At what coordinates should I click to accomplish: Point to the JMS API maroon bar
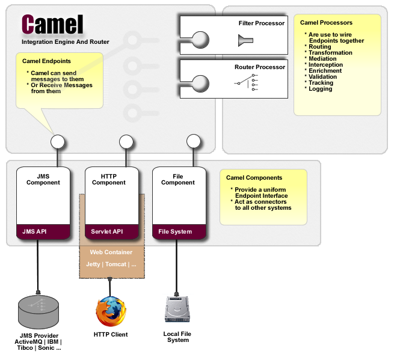click(43, 231)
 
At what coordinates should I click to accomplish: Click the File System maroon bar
click(178, 231)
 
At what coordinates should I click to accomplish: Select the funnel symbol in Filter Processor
click(245, 41)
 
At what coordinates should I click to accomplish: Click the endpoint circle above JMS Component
click(57, 142)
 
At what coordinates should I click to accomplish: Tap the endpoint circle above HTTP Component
click(126, 142)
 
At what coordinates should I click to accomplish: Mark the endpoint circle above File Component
click(193, 142)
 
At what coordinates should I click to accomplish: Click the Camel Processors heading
click(326, 23)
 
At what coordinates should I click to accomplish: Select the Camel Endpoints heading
click(46, 61)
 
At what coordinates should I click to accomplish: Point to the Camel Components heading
click(254, 178)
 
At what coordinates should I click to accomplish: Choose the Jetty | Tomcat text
click(111, 264)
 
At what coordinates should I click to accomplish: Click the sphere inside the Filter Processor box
click(200, 40)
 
